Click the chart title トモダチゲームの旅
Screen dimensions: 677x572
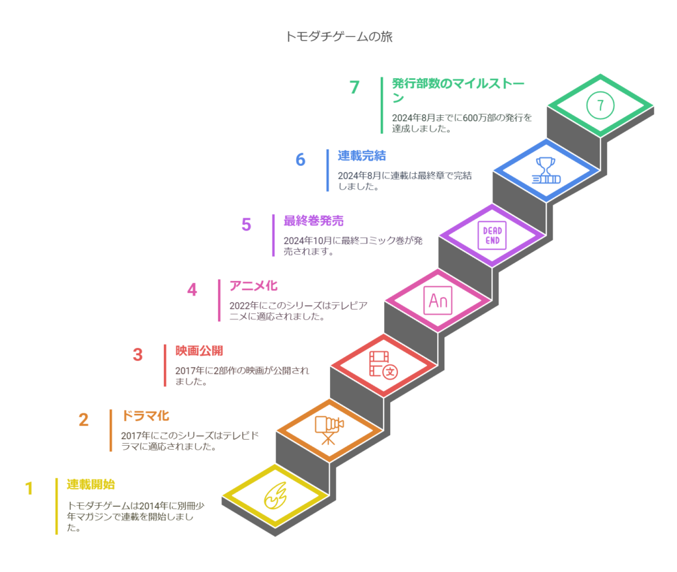[x=339, y=36]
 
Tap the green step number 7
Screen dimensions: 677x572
[x=354, y=87]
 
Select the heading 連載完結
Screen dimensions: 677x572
[x=362, y=155]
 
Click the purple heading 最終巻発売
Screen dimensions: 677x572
[x=313, y=221]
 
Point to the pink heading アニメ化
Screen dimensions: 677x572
[x=253, y=286]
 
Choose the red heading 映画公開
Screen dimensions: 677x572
[x=199, y=350]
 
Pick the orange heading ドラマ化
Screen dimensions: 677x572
[x=145, y=416]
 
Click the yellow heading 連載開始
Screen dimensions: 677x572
[x=91, y=484]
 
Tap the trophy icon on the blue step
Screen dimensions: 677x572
[x=546, y=171]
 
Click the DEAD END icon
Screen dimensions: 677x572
[x=492, y=235]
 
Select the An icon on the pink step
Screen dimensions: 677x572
[x=438, y=300]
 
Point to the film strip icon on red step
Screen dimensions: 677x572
[x=383, y=366]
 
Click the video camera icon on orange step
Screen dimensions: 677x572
[x=329, y=430]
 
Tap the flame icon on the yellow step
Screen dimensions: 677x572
[x=276, y=495]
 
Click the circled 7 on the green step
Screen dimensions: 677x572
[x=600, y=105]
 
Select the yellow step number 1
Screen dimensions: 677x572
[x=29, y=489]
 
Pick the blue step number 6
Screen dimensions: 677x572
[x=301, y=160]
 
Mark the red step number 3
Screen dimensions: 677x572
[x=138, y=355]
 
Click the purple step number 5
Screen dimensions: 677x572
[x=246, y=224]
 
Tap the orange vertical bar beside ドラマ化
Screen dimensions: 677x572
[x=111, y=430]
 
